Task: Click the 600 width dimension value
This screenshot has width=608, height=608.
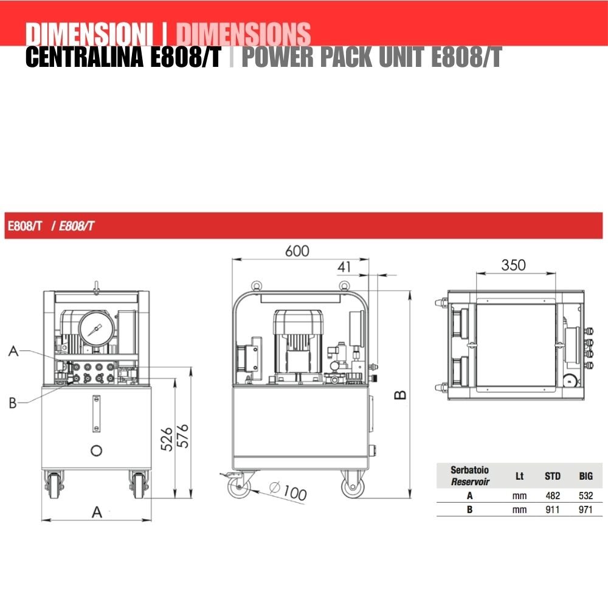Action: tap(297, 251)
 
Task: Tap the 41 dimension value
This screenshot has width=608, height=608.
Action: tap(344, 267)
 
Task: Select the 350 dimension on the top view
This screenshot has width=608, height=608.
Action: tap(513, 265)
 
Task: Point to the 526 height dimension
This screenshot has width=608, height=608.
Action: tap(167, 439)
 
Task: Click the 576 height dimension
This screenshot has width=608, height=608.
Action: tap(182, 436)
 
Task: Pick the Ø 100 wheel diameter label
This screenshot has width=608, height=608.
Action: tap(288, 491)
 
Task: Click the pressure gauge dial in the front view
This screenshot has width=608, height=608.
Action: tap(97, 329)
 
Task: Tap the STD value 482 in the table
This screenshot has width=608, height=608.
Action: tap(553, 496)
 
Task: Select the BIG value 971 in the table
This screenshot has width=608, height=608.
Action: tap(586, 509)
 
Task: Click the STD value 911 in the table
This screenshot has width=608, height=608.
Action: tap(553, 509)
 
